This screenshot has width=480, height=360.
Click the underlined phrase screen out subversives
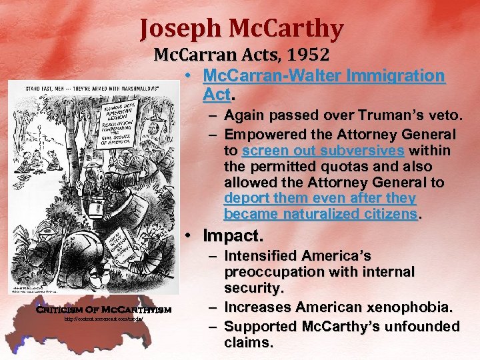pyautogui.click(x=323, y=151)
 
